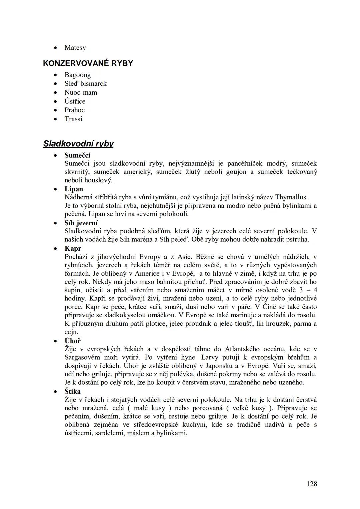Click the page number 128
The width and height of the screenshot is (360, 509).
click(311, 484)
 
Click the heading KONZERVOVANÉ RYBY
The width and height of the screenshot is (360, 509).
click(88, 63)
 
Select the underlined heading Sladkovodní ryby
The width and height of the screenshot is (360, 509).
click(78, 144)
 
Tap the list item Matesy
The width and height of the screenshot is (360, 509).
click(75, 48)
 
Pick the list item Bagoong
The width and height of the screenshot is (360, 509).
click(77, 75)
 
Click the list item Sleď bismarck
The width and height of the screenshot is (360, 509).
click(85, 83)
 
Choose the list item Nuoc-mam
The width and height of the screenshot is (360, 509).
click(81, 92)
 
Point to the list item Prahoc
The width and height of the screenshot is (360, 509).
click(74, 110)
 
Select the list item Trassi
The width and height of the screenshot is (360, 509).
click(73, 119)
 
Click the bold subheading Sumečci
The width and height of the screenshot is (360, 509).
click(77, 155)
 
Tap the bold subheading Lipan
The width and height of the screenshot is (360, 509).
click(74, 189)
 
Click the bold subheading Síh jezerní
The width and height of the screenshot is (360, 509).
click(81, 223)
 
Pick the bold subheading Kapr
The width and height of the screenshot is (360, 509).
click(73, 248)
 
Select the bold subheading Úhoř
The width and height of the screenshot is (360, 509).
click(72, 341)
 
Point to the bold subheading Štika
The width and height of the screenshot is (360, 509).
click(72, 391)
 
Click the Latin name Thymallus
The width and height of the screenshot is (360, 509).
click(291, 197)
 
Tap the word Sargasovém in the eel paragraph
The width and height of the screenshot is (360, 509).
click(80, 357)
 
